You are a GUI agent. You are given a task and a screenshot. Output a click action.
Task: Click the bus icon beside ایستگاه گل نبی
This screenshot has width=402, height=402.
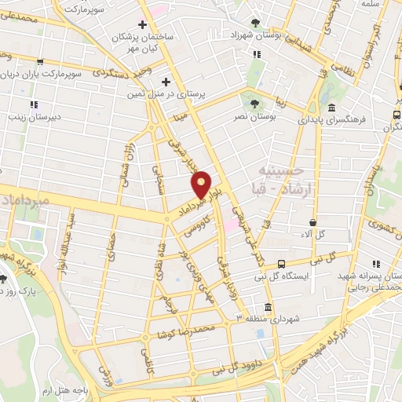click(x=280, y=265)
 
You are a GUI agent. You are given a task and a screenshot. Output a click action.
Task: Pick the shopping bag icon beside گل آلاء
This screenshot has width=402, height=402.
click(x=314, y=224)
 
